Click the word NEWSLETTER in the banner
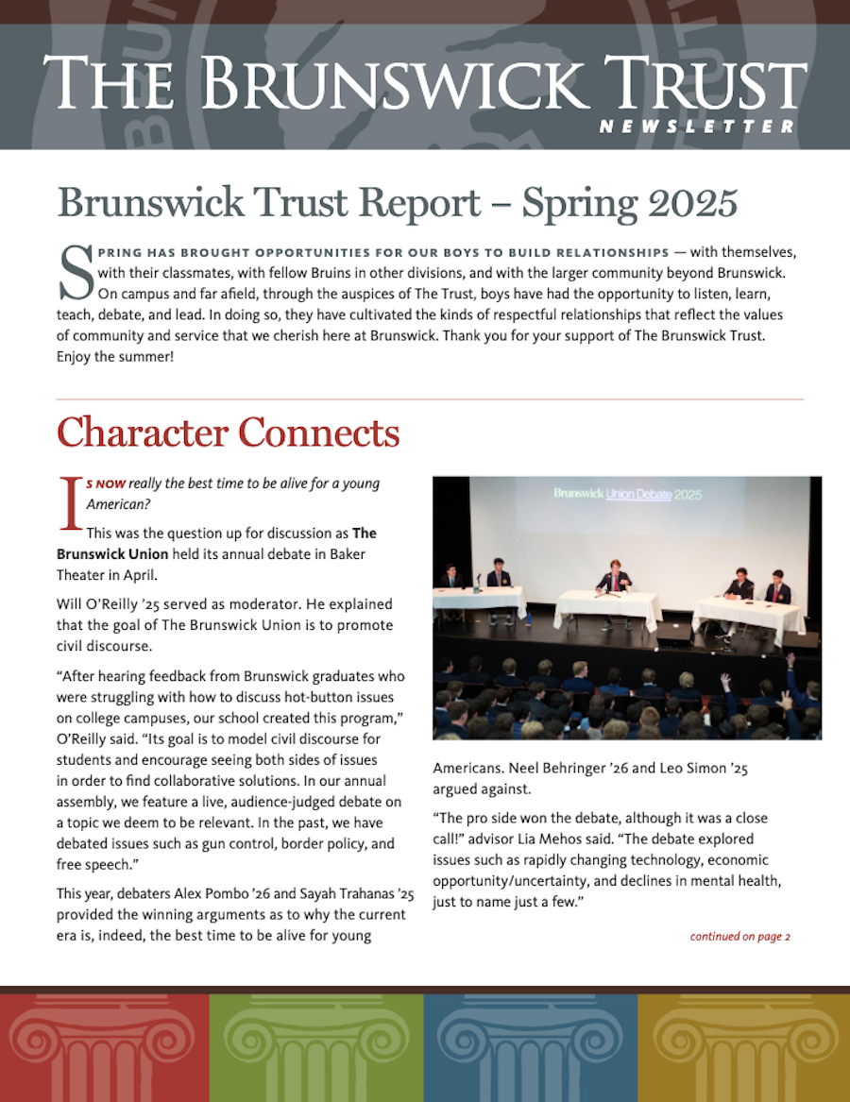click(697, 127)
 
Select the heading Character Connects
click(229, 432)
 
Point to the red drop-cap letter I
click(68, 500)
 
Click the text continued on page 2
click(739, 937)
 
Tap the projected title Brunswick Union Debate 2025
click(627, 493)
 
